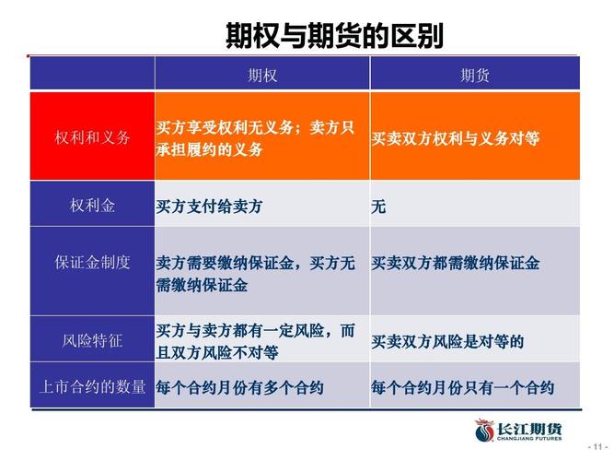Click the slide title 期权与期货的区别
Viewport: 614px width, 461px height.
[334, 36]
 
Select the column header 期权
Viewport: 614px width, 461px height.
[262, 76]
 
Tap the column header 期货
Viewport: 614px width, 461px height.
[475, 76]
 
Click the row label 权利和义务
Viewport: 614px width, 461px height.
[92, 137]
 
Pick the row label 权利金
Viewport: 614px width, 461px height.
[92, 206]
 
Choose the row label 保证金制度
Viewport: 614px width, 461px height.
[92, 263]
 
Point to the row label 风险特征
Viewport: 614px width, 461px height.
[92, 340]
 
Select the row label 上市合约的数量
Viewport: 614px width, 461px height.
[92, 387]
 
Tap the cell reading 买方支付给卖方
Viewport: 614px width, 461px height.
[209, 207]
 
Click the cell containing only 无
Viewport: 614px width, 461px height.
[378, 207]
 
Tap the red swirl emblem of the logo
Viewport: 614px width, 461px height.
[485, 431]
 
